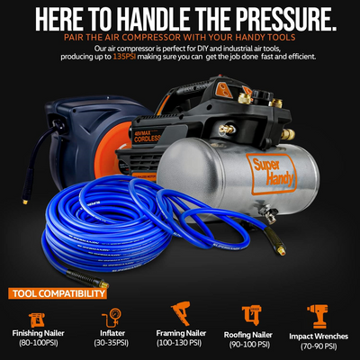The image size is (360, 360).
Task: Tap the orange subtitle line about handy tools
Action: (x=180, y=38)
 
